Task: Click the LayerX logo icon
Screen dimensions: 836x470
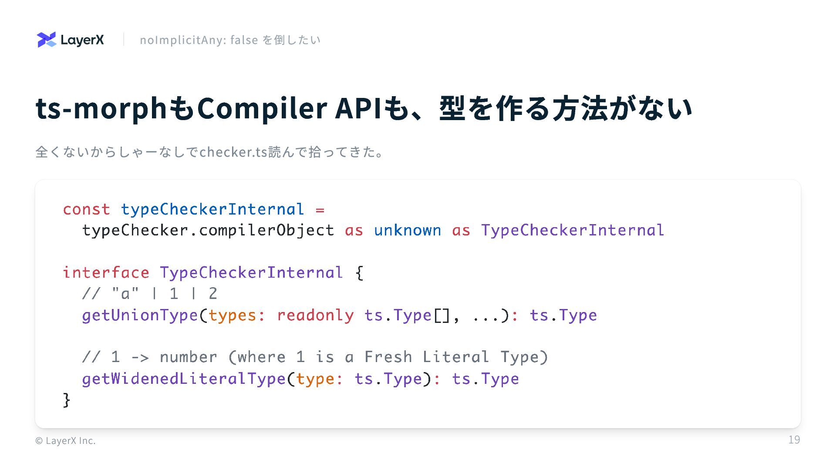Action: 47,40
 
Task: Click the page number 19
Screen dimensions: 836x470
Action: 794,440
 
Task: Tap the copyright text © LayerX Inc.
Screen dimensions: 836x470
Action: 65,441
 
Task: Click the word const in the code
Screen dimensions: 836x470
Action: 86,209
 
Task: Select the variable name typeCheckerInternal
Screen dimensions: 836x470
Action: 212,209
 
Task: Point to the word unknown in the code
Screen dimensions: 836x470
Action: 407,230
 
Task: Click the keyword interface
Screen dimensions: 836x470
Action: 106,273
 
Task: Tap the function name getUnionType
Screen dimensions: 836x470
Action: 140,315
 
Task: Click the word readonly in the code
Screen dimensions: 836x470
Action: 315,315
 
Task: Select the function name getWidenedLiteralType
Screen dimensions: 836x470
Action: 183,379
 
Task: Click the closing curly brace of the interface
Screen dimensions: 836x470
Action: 67,399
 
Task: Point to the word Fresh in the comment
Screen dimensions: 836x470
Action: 388,357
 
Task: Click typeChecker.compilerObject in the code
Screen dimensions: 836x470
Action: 208,230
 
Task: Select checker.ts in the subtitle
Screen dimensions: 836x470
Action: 233,152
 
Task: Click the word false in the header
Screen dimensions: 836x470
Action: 244,40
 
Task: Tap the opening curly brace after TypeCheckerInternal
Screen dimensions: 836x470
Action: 359,273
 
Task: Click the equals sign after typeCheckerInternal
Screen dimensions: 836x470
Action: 320,210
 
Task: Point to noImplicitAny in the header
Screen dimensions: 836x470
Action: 183,40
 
